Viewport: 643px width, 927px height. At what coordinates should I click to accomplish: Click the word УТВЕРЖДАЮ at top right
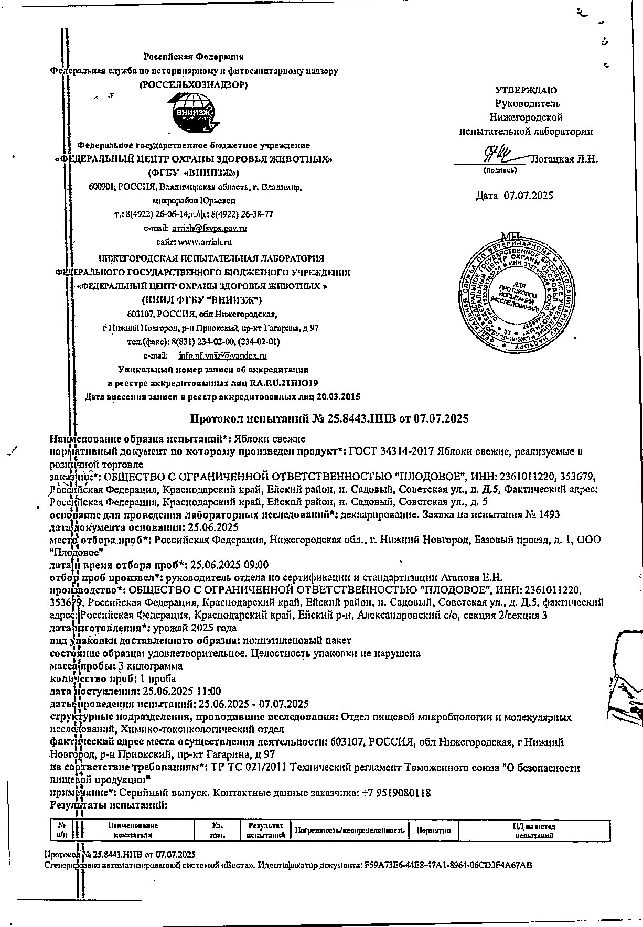pos(526,90)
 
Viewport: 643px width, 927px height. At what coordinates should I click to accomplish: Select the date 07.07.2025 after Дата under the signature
pos(528,196)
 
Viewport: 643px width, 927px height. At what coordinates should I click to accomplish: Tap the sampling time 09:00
pos(258,565)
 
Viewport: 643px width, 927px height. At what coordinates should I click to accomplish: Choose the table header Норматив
pos(436,831)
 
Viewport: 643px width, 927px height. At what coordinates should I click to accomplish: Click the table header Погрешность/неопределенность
pos(350,831)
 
